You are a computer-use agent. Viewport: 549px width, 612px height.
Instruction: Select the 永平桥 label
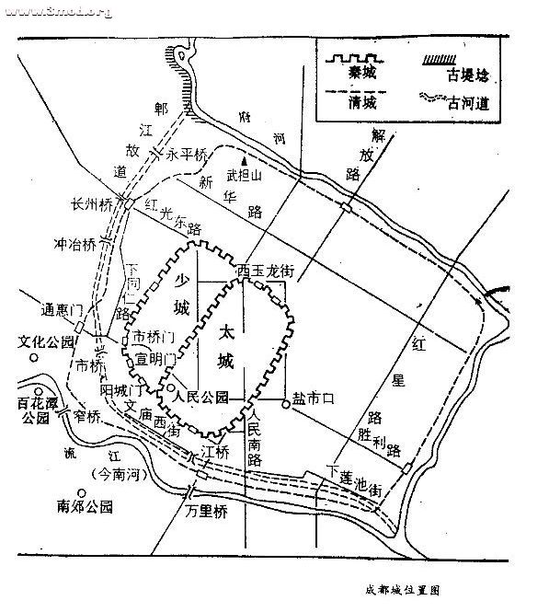tap(187, 156)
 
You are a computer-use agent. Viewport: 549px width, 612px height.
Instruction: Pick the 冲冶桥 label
tap(75, 246)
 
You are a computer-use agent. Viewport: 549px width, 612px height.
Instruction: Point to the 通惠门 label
tap(63, 308)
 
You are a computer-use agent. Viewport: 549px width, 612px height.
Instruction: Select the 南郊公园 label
tap(84, 505)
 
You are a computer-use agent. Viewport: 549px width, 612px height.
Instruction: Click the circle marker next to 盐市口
tap(286, 400)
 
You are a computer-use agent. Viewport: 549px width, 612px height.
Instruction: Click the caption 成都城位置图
tap(401, 585)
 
